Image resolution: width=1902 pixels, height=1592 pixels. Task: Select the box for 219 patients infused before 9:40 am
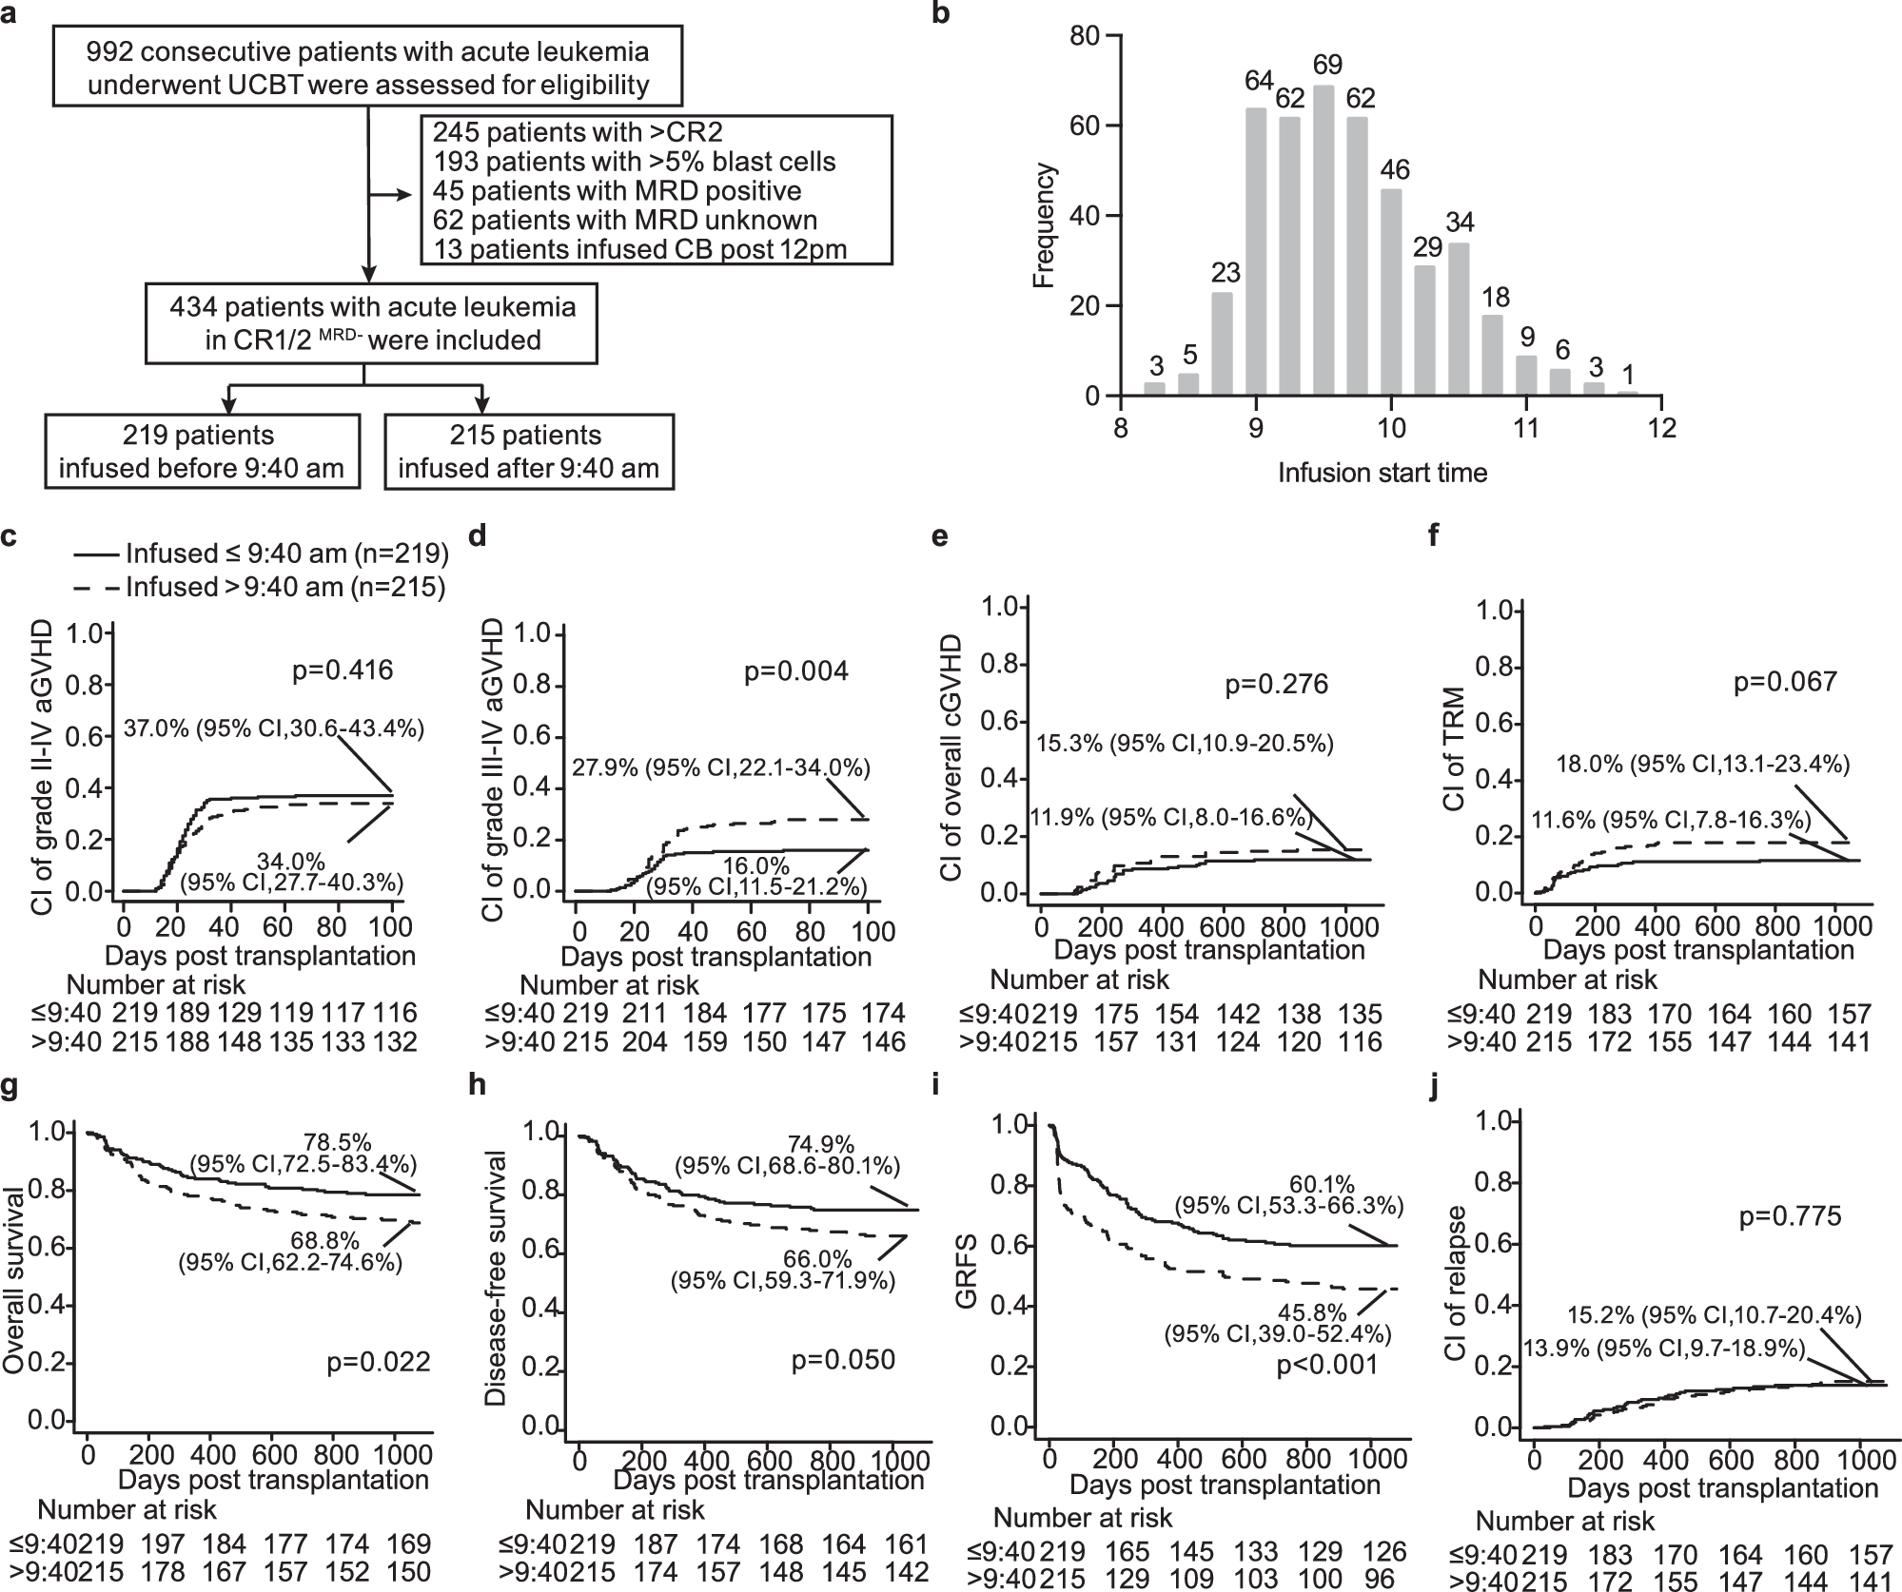coord(202,451)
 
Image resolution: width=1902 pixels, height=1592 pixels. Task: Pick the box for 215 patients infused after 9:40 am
coord(528,451)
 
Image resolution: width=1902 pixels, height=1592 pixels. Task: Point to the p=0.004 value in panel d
coord(795,671)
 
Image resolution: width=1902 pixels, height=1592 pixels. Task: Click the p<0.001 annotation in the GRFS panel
coord(1326,1366)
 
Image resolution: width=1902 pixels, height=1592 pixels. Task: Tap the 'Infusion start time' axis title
coord(1382,473)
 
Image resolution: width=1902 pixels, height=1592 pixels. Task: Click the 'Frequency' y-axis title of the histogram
coord(1045,225)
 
